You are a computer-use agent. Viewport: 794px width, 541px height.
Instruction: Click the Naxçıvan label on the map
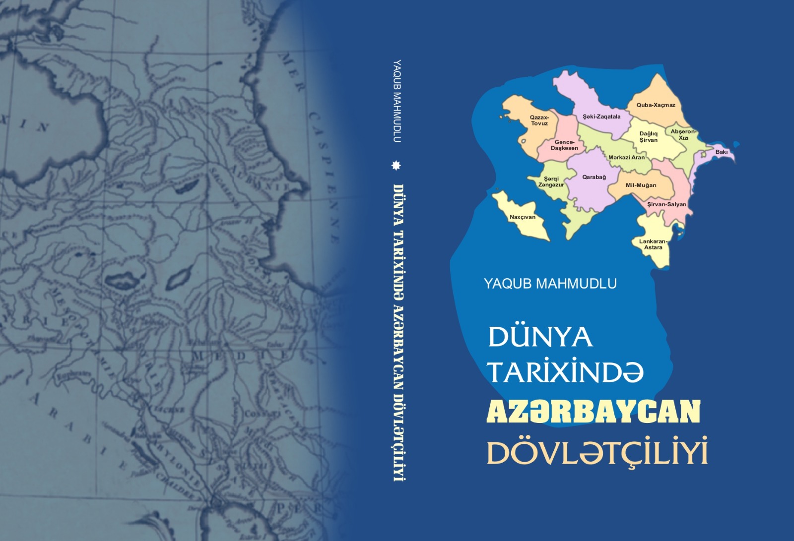coord(523,217)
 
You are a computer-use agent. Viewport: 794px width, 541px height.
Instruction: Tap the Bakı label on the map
coord(722,152)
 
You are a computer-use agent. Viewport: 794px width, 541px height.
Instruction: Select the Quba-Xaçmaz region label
coord(656,105)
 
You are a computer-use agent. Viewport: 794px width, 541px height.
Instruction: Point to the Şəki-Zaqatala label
coord(601,117)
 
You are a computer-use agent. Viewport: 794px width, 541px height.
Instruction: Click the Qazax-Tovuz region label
coord(539,120)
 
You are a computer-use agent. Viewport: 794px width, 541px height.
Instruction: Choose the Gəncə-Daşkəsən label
coord(564,145)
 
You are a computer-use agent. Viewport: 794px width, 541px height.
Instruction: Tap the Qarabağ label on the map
coord(594,177)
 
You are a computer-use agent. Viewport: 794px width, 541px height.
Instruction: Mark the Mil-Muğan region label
coord(641,185)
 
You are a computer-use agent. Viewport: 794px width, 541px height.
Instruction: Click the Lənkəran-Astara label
coord(653,244)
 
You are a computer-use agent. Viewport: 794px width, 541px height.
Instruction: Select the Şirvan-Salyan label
coord(666,204)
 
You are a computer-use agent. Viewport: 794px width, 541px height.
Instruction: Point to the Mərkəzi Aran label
coord(626,157)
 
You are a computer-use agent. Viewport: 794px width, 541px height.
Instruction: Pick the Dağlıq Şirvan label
coord(648,136)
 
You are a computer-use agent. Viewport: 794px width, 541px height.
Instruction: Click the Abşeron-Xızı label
coord(683,134)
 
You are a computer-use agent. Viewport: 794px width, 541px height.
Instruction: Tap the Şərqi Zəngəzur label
coord(551,181)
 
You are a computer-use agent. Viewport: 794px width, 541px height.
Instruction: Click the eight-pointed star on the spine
coord(396,165)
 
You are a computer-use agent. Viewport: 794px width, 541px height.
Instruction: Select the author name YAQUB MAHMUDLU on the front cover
coord(550,284)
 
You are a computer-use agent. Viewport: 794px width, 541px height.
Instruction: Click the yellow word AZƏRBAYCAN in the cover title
coord(593,412)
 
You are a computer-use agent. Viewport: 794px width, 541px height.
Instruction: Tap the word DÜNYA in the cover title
coord(540,337)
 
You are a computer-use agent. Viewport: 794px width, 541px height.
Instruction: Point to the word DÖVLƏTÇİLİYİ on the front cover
coord(597,452)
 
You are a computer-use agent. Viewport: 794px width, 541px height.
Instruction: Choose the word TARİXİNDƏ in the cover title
coord(565,373)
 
